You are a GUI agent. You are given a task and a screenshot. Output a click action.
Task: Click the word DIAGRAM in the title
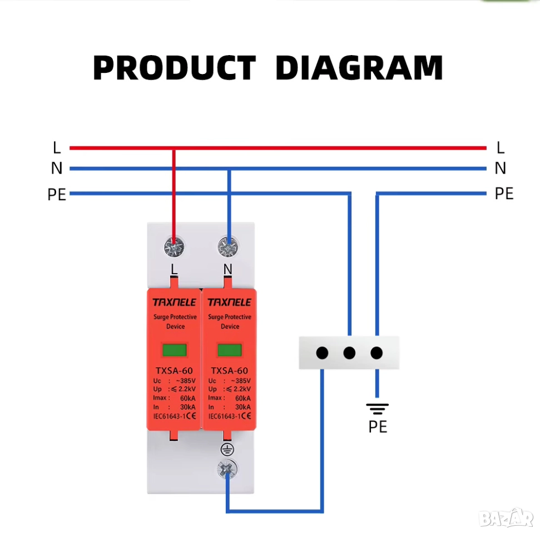click(359, 68)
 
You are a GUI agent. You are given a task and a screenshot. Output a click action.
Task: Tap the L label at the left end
click(57, 148)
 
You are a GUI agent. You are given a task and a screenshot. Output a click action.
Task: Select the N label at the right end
click(500, 168)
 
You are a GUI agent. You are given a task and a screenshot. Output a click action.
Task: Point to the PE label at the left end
click(57, 195)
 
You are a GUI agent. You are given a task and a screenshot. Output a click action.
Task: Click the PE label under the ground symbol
click(378, 427)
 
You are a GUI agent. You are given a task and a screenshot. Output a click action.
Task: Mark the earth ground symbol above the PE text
click(378, 409)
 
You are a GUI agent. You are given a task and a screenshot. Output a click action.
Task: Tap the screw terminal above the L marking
click(174, 246)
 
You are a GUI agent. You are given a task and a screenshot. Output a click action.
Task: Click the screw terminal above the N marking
click(227, 246)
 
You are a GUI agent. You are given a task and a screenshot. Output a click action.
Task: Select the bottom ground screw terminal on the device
click(227, 470)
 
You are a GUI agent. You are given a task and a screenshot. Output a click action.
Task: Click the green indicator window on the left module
click(175, 350)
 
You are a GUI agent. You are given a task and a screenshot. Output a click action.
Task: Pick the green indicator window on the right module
click(229, 350)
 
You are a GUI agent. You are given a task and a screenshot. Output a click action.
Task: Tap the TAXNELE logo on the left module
click(175, 303)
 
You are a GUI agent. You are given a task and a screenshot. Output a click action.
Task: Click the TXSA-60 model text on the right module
click(229, 370)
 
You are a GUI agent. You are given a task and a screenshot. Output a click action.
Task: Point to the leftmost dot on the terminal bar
click(322, 353)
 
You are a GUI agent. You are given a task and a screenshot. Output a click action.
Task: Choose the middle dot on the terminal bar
click(349, 353)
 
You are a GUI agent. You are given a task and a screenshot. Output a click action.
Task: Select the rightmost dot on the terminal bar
click(376, 353)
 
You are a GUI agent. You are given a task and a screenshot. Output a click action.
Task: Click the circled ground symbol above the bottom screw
click(227, 449)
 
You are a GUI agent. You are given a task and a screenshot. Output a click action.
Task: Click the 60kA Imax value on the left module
click(187, 398)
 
